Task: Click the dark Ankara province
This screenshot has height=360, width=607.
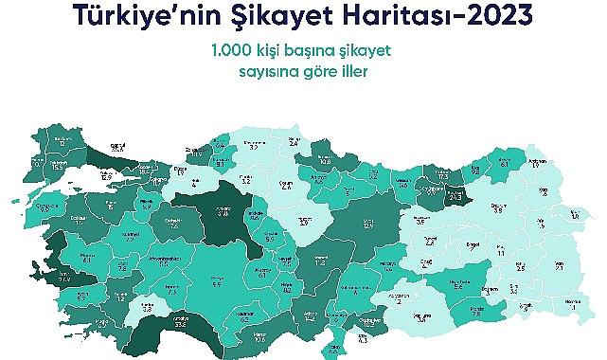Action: [223, 211]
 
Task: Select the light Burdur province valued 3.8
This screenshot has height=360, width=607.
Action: [148, 307]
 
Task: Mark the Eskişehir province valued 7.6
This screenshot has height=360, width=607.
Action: [174, 225]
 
